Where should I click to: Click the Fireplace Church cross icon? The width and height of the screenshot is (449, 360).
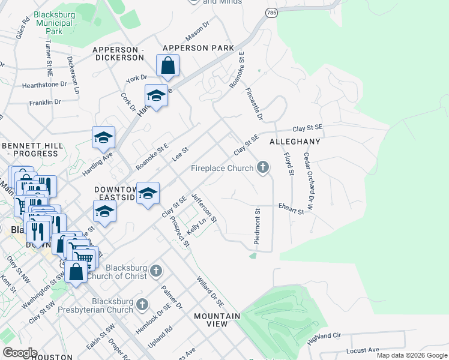pos(262,168)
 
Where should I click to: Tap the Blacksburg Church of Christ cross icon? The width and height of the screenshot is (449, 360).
pos(155,271)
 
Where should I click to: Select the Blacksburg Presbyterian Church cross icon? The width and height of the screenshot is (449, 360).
pos(142,305)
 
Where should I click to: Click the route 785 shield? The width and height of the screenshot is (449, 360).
pos(273,12)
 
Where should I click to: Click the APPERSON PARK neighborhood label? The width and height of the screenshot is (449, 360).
pos(198,48)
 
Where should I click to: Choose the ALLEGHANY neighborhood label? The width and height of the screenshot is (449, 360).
pos(295,142)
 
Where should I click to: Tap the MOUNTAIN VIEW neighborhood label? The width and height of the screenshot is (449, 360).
pos(217,319)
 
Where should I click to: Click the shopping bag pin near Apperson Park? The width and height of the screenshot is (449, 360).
pos(168,65)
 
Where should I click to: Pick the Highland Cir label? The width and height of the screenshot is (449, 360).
pos(324,338)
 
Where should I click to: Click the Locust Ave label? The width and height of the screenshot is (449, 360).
pos(363,350)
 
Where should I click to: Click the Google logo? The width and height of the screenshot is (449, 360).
pos(19,353)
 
